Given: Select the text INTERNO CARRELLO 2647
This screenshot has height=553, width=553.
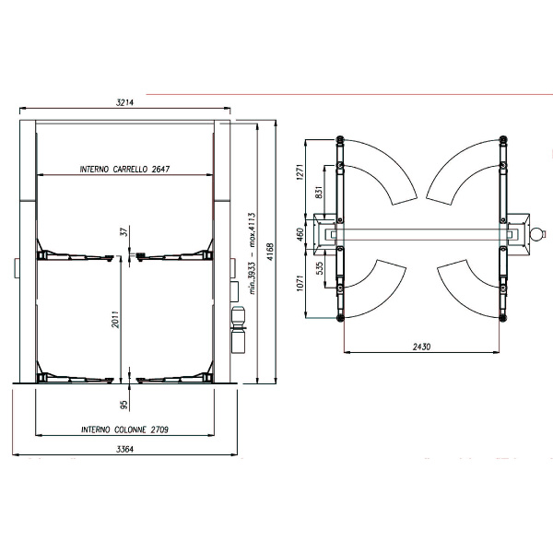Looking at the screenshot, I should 125,170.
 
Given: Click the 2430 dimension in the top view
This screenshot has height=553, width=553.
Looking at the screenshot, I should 423,347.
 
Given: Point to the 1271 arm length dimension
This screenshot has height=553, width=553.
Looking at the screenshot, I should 311,175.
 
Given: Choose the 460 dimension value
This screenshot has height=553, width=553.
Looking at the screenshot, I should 311,234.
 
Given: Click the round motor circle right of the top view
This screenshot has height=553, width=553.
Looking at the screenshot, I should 537,234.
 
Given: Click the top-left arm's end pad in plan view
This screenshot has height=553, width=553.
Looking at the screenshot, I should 340,138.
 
